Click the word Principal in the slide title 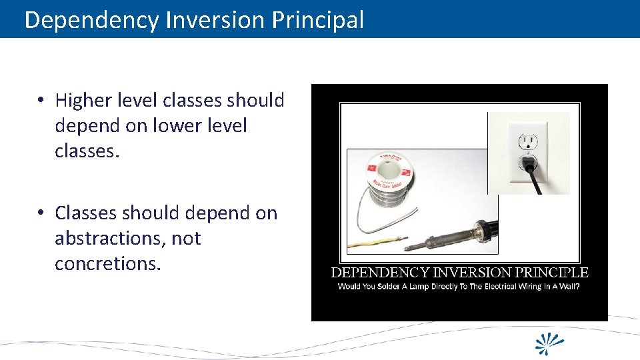pyautogui.click(x=318, y=20)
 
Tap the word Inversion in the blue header pyautogui.click(x=216, y=20)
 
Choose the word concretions pyautogui.click(x=108, y=264)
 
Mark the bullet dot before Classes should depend pyautogui.click(x=41, y=213)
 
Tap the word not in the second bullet pyautogui.click(x=186, y=239)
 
